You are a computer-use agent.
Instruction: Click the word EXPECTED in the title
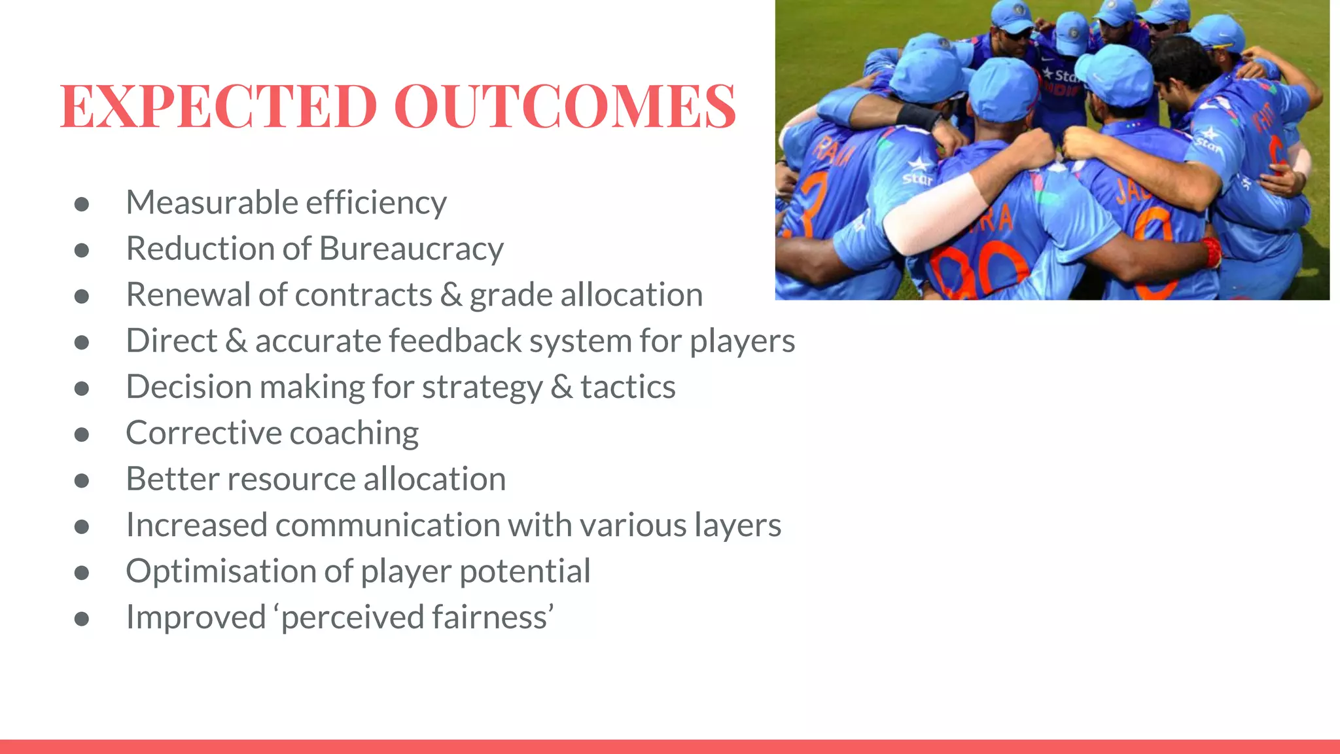[219, 106]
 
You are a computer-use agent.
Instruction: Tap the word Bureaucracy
[412, 249]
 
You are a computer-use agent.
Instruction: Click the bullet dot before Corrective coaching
[82, 435]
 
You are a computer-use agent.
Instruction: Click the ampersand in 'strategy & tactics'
[561, 387]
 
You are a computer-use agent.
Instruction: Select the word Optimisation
[220, 571]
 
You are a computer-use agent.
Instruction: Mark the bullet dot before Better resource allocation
[82, 480]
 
